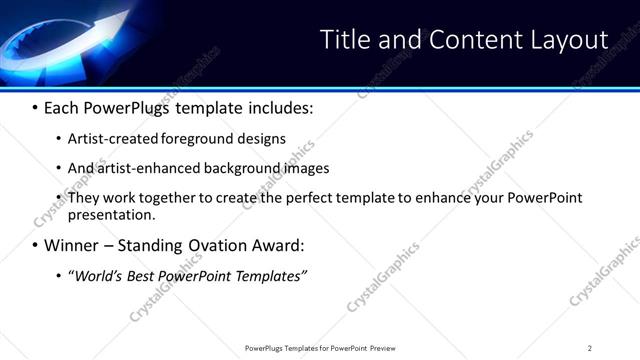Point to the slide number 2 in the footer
point(590,347)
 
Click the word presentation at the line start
point(110,214)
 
